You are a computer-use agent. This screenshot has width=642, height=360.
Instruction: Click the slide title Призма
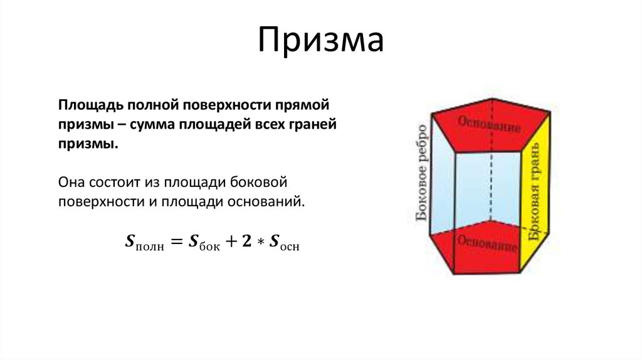(320, 40)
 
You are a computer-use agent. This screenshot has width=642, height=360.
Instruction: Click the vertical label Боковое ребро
(422, 172)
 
